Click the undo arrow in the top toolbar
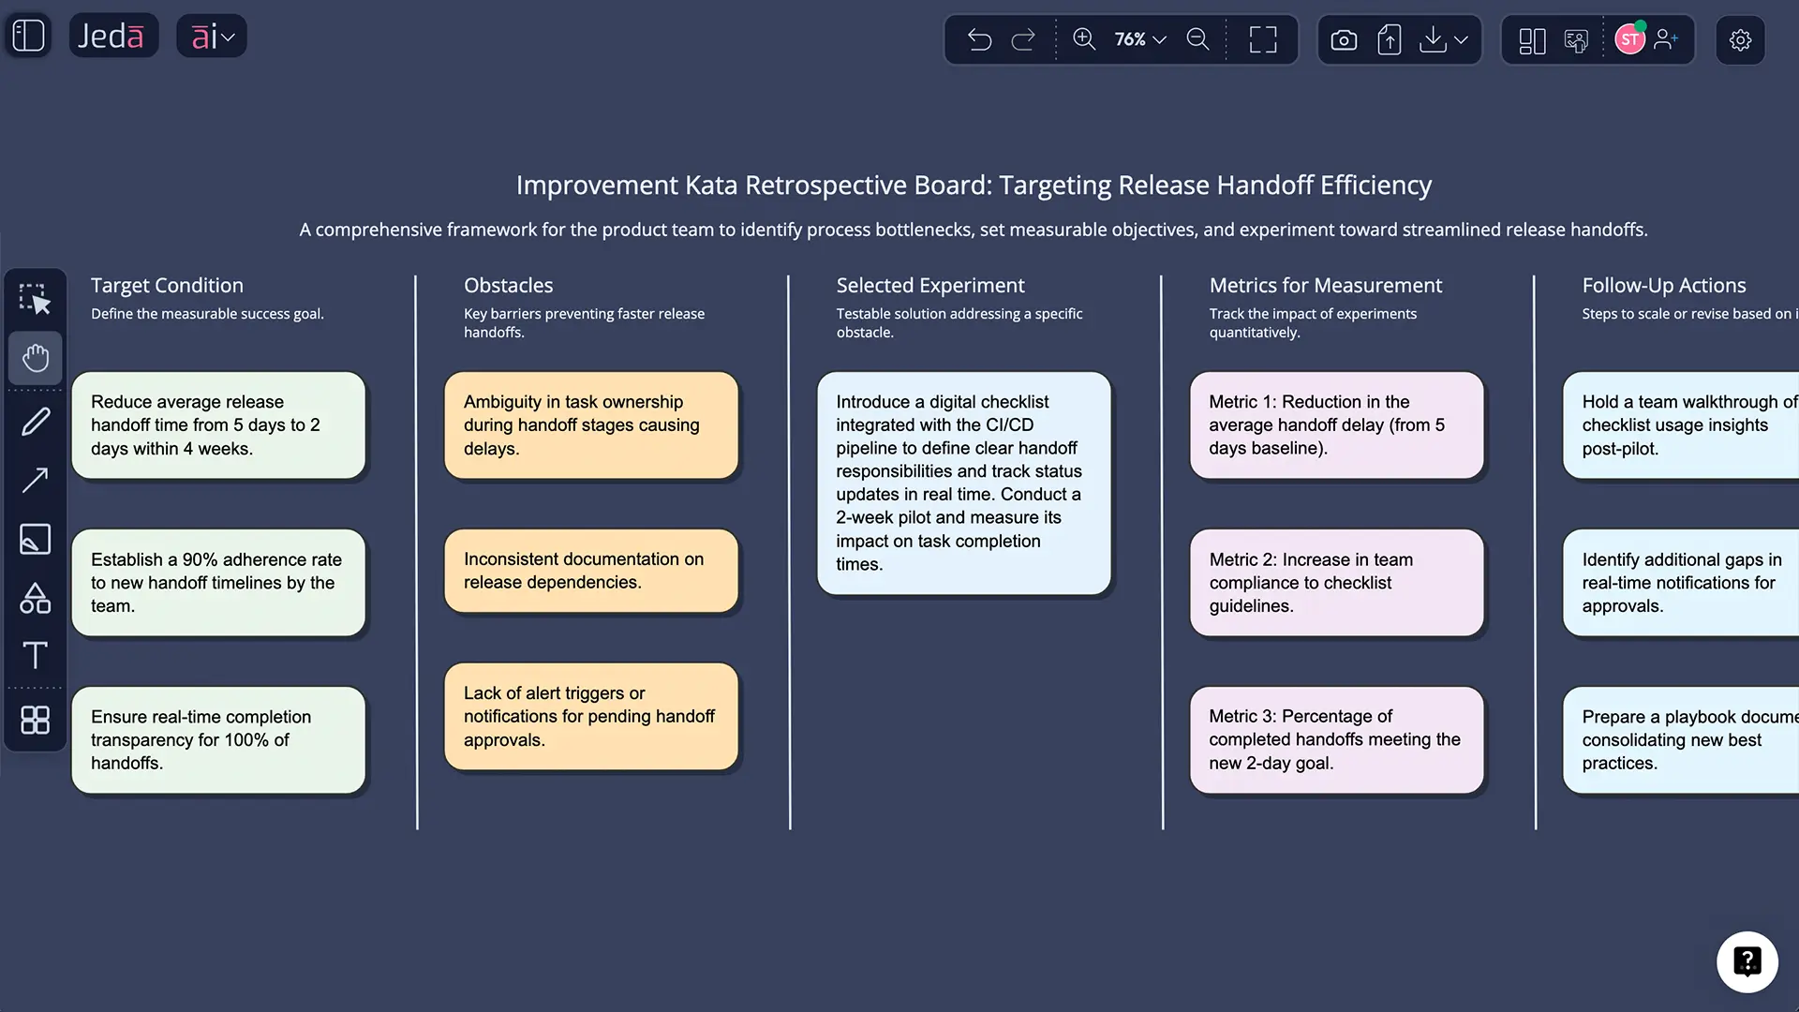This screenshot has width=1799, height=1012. (x=979, y=39)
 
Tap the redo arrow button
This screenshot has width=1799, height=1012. (x=1023, y=39)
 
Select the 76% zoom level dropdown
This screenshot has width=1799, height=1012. (x=1139, y=39)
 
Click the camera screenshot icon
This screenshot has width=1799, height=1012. (x=1344, y=39)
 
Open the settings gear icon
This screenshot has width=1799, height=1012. (x=1740, y=39)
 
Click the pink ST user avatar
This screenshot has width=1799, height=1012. (x=1629, y=39)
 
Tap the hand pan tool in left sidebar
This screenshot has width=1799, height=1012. (x=36, y=358)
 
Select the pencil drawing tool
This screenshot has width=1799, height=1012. (x=36, y=422)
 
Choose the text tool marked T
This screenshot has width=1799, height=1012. (x=36, y=655)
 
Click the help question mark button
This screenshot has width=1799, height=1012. (x=1747, y=961)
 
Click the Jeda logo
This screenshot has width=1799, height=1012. (x=112, y=37)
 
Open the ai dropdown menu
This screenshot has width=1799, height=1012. (x=212, y=37)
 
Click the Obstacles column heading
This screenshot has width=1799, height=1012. (x=508, y=285)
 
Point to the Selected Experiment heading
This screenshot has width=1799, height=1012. (x=929, y=285)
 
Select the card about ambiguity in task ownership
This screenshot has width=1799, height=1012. (x=591, y=425)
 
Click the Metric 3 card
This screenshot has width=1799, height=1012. (x=1336, y=739)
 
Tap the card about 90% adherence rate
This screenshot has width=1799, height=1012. (x=218, y=582)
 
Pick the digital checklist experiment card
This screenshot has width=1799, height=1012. (x=963, y=483)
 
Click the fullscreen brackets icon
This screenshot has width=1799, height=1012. (x=1263, y=39)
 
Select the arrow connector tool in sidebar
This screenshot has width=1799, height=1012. (x=36, y=481)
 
